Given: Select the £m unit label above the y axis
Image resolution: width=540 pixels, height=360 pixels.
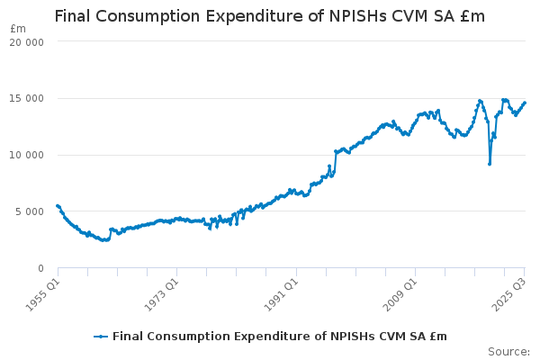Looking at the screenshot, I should pyautogui.click(x=18, y=29).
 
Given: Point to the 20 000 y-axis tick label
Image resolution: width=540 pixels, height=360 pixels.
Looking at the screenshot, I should pyautogui.click(x=29, y=41).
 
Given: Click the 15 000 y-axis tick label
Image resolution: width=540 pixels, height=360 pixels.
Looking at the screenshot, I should pyautogui.click(x=29, y=98).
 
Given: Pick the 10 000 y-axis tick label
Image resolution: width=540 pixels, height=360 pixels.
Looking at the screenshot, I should pyautogui.click(x=29, y=155).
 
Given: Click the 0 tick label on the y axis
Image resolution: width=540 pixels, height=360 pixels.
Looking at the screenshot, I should pyautogui.click(x=41, y=268).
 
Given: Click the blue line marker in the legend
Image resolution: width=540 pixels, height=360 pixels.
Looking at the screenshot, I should pyautogui.click(x=101, y=337).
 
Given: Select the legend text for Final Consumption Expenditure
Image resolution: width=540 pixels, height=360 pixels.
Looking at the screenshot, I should pyautogui.click(x=279, y=337).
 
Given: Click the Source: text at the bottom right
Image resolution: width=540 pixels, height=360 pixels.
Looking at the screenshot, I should pyautogui.click(x=508, y=351).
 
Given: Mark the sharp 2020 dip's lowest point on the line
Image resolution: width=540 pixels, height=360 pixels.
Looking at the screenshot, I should pyautogui.click(x=490, y=164).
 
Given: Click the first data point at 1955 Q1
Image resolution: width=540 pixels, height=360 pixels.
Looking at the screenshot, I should pyautogui.click(x=58, y=205).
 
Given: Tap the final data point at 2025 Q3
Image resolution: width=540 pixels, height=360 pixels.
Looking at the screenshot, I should pyautogui.click(x=525, y=103).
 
